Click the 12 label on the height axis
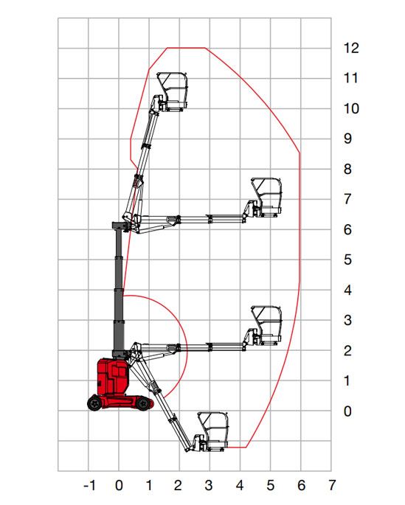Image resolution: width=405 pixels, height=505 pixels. pyautogui.click(x=351, y=48)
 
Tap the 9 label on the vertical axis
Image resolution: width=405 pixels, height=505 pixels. pyautogui.click(x=347, y=139)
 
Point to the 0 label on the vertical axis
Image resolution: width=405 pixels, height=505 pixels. pyautogui.click(x=347, y=411)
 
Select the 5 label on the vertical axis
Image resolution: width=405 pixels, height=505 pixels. pyautogui.click(x=347, y=260)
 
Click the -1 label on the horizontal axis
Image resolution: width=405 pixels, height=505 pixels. pyautogui.click(x=89, y=485)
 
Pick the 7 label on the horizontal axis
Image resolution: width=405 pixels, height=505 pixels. pyautogui.click(x=332, y=485)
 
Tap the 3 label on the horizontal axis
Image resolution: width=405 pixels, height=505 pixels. pyautogui.click(x=209, y=485)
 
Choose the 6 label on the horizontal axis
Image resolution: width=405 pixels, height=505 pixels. pyautogui.click(x=301, y=485)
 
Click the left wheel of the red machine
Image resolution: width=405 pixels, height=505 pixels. pyautogui.click(x=94, y=403)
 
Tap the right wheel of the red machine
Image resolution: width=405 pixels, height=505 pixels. pyautogui.click(x=142, y=404)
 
